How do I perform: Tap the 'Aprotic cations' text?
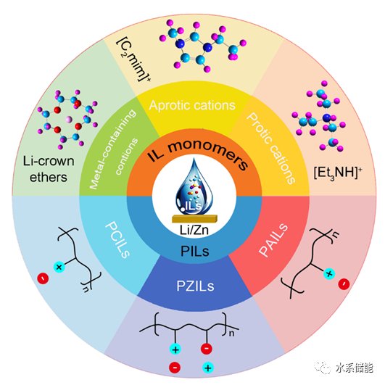[x=192, y=105]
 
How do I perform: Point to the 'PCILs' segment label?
[x=117, y=240]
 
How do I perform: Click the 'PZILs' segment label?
[x=195, y=286]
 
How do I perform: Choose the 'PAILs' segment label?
[x=273, y=240]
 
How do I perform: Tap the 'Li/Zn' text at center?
[x=194, y=230]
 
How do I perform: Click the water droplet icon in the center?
[x=194, y=186]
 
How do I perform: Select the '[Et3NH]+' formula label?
[x=338, y=173]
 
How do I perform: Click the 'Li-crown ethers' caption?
[x=49, y=169]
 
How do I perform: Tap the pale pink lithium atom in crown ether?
[x=69, y=120]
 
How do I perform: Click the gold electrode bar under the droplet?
[x=195, y=219]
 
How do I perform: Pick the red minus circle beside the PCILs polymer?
[x=43, y=278]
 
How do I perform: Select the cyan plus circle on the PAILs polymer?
[x=329, y=273]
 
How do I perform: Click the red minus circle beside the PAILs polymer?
[x=344, y=284]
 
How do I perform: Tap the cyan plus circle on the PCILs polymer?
[x=59, y=267]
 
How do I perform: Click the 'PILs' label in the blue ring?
[x=195, y=251]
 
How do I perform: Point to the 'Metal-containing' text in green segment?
[x=112, y=149]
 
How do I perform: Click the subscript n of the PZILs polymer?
[x=231, y=334]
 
